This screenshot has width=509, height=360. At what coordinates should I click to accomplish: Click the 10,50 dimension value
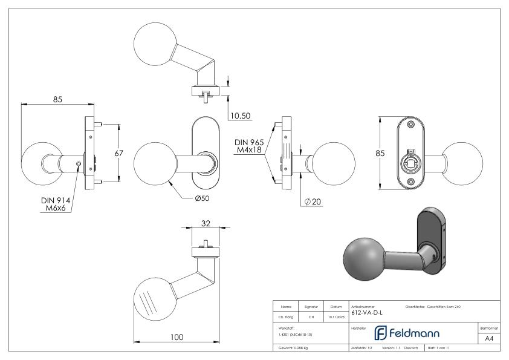click(240, 116)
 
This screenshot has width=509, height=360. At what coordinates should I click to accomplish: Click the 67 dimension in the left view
click(118, 154)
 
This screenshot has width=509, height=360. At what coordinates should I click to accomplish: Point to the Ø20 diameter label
click(313, 201)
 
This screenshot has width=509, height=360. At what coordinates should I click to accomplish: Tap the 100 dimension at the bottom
click(177, 337)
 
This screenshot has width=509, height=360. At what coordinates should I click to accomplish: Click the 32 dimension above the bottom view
click(206, 223)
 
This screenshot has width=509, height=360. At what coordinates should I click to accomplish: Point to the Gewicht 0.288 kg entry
click(294, 349)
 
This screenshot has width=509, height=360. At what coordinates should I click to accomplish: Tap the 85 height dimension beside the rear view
click(380, 154)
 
